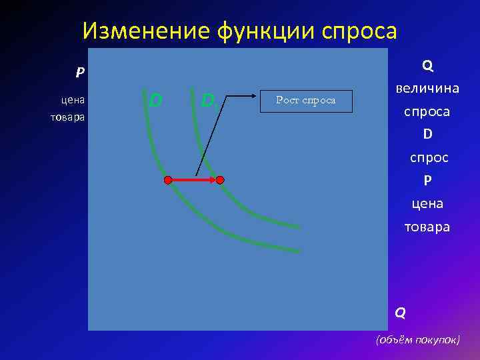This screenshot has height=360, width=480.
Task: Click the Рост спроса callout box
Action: (x=306, y=101)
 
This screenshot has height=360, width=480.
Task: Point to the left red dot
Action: (x=168, y=180)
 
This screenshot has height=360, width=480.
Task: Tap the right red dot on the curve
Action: (x=220, y=180)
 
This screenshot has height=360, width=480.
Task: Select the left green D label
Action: (x=155, y=101)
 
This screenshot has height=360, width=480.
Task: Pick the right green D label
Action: (x=207, y=101)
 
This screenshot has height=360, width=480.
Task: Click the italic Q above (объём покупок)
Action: (x=399, y=311)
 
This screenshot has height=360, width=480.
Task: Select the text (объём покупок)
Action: (x=418, y=339)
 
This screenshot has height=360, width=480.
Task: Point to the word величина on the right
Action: (x=427, y=89)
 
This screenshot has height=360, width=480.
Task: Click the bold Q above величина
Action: (x=427, y=65)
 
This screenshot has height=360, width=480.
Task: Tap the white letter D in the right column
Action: (x=427, y=135)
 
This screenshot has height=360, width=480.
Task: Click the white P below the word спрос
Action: (x=427, y=181)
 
